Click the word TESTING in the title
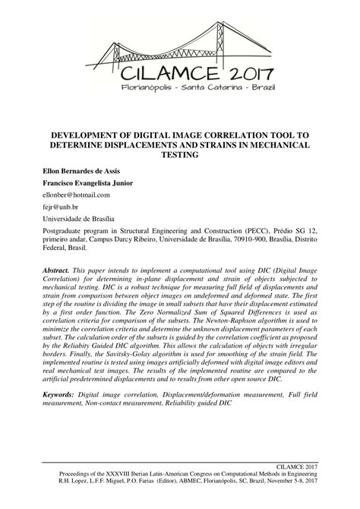(179, 155)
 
